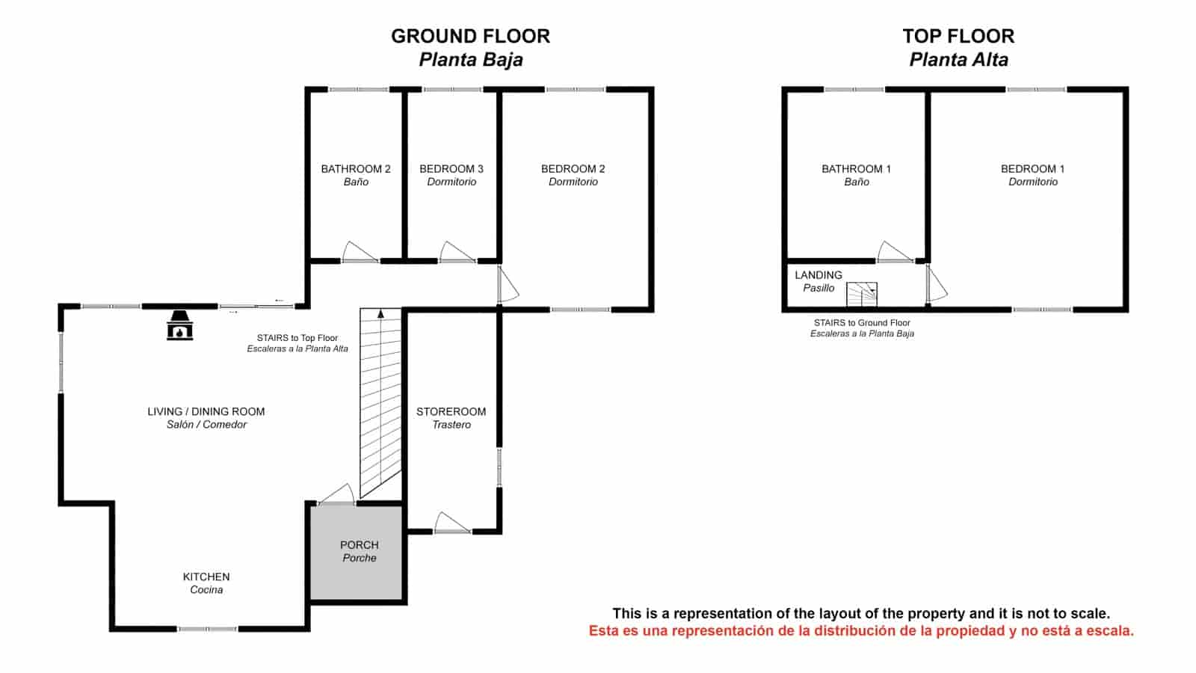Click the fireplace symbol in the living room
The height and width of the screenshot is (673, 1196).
179,325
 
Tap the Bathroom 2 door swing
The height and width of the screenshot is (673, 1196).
360,252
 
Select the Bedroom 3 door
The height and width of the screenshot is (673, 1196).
457,252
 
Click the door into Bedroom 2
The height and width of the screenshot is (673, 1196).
508,284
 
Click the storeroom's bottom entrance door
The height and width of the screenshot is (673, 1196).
452,523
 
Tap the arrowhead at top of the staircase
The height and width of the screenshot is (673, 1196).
381,314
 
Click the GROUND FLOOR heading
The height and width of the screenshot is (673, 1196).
470,36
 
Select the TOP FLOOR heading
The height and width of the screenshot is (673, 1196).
958,36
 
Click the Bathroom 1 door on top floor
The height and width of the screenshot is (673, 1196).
895,252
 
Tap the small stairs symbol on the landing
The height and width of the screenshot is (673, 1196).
861,294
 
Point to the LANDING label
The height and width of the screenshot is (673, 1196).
819,275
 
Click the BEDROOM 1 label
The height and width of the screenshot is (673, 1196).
1033,169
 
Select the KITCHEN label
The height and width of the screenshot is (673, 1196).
206,577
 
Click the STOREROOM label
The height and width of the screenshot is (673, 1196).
451,411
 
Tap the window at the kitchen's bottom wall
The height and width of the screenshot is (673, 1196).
207,629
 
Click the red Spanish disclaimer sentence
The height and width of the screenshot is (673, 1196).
861,630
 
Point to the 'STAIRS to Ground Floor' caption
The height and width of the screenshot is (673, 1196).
862,323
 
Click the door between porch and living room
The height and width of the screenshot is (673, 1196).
336,494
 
